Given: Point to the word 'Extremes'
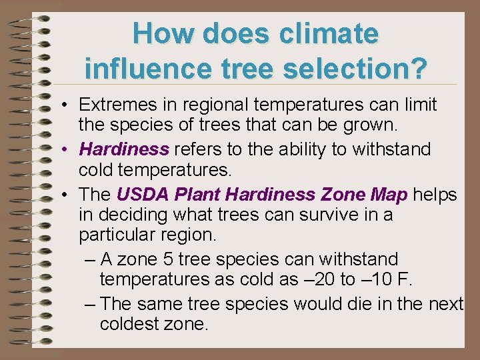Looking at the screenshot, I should pyautogui.click(x=114, y=105).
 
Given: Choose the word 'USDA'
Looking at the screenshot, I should pyautogui.click(x=139, y=194).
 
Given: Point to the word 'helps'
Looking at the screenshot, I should pyautogui.click(x=435, y=194).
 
